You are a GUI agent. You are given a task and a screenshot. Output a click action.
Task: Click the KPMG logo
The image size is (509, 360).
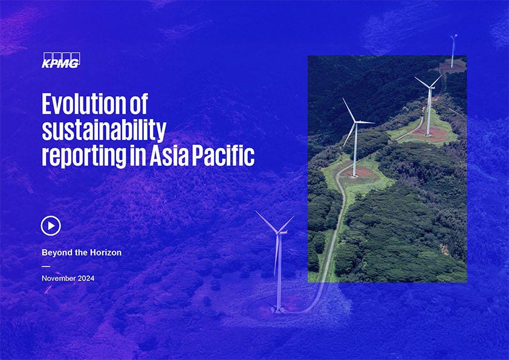61,60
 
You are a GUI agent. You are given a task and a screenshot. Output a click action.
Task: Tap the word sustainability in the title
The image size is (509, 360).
104,130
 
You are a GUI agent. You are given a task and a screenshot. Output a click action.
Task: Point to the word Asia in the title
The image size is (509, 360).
169,156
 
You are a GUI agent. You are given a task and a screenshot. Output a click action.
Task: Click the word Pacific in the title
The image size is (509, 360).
223,156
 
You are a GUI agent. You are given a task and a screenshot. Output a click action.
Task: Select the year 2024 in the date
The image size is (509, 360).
86,278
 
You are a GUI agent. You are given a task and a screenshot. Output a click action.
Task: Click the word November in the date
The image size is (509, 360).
59,278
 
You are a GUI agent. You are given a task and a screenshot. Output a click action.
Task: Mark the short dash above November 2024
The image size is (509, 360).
46,266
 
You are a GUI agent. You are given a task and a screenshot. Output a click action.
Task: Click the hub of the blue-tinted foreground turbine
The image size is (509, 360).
278,233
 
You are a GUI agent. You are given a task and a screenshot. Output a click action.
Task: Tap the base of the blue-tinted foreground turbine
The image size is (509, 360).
279,310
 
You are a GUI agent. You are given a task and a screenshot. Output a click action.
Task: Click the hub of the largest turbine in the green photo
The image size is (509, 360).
356,122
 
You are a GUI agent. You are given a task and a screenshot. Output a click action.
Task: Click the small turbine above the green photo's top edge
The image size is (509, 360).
453,50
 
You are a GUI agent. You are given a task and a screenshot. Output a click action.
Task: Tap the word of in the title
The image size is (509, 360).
139,104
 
